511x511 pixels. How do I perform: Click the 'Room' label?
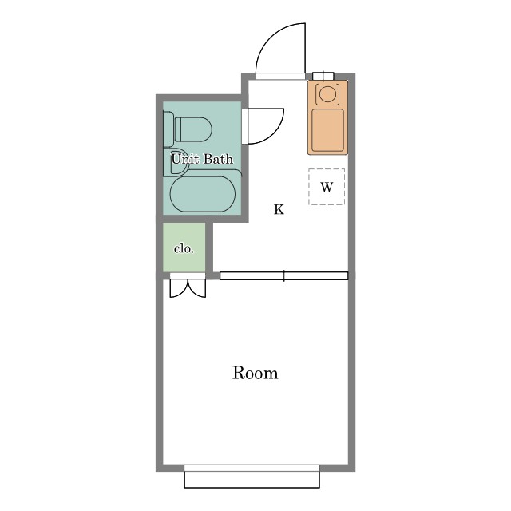[255, 373]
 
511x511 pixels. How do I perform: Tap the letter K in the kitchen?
[279, 209]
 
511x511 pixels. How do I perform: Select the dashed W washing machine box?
[327, 187]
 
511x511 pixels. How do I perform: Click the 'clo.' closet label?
[184, 248]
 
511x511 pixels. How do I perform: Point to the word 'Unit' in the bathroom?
[184, 159]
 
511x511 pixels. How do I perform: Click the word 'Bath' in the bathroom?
[218, 159]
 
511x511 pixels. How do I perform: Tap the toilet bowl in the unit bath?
[193, 129]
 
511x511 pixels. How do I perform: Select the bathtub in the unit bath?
[202, 194]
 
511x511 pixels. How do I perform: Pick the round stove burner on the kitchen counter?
[327, 93]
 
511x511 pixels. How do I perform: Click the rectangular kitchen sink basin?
[327, 130]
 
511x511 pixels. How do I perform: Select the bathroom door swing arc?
[274, 133]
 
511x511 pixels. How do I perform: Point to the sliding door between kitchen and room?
[284, 275]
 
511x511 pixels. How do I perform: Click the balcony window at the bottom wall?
[252, 476]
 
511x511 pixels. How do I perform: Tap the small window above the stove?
[323, 76]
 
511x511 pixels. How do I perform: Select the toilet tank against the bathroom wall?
[168, 129]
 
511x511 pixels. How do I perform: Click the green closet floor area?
[184, 247]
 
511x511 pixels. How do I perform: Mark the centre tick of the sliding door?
[284, 275]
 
